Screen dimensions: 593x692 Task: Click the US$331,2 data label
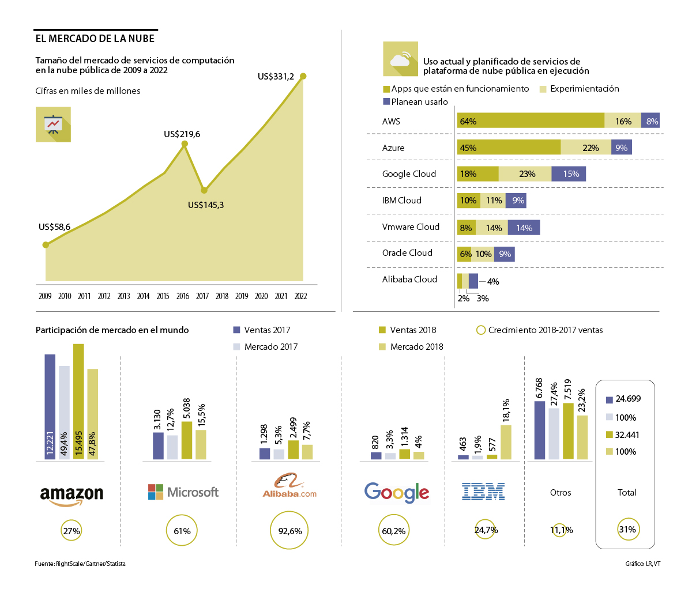click(x=276, y=77)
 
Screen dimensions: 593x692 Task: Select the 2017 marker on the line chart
click(x=204, y=190)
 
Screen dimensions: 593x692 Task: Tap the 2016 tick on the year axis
click(x=182, y=296)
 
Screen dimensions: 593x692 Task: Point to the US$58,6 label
click(x=54, y=227)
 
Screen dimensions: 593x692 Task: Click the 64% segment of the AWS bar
click(x=530, y=120)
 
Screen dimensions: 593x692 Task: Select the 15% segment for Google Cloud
click(x=569, y=173)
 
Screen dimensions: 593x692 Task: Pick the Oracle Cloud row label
click(x=407, y=253)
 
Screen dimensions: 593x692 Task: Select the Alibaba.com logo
click(x=289, y=486)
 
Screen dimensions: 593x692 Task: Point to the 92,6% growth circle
click(x=289, y=531)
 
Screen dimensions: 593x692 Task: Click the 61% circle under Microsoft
click(x=182, y=531)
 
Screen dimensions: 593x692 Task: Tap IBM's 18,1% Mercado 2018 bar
click(x=506, y=442)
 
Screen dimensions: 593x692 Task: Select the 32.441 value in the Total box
click(x=627, y=435)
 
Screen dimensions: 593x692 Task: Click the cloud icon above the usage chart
click(x=400, y=59)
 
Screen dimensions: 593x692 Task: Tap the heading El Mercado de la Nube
click(x=95, y=39)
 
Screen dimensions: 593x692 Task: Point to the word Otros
click(x=561, y=493)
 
